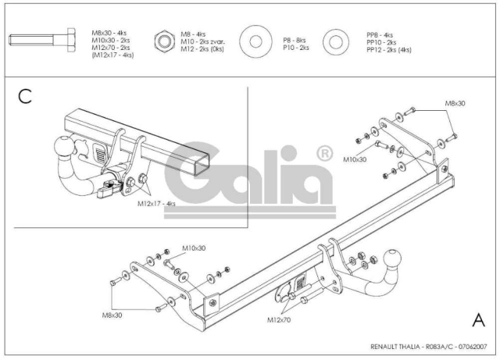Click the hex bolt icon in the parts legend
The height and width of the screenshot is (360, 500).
[42, 40]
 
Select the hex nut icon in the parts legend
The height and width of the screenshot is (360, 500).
[164, 41]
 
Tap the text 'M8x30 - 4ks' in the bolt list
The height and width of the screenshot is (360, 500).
[109, 33]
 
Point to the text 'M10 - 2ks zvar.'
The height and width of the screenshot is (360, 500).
[203, 41]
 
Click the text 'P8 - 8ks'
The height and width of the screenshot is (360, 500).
[295, 40]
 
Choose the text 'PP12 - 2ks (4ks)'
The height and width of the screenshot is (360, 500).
[389, 50]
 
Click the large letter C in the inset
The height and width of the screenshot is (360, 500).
[25, 96]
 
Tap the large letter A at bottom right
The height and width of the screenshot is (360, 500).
[478, 319]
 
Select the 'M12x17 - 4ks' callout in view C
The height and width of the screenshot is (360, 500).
[156, 204]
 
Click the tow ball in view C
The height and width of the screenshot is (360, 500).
[62, 146]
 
